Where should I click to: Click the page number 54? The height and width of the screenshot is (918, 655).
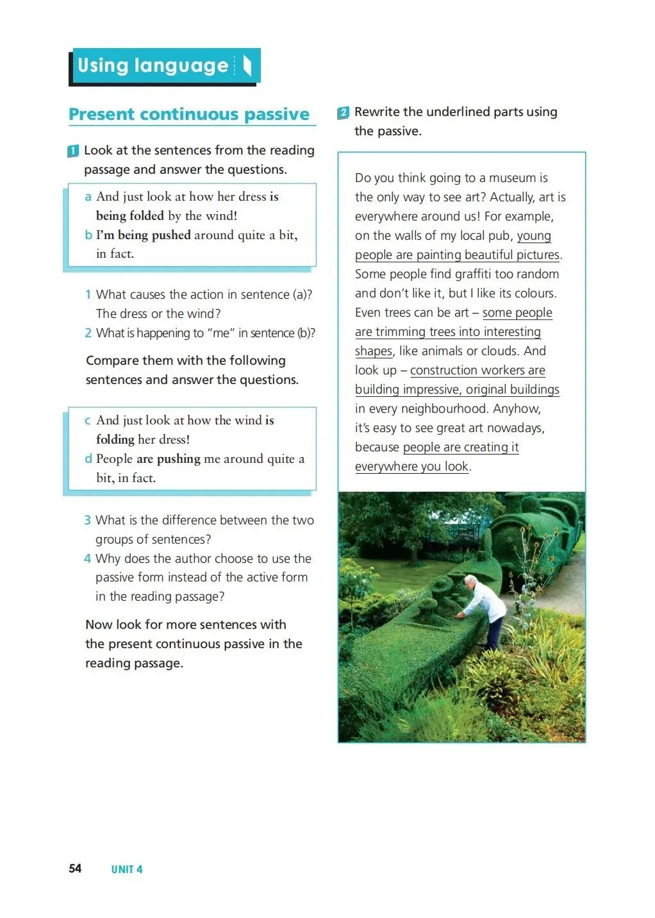[x=75, y=868]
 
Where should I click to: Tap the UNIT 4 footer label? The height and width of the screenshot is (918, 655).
[x=127, y=869]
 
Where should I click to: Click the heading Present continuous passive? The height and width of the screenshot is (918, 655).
[x=189, y=114]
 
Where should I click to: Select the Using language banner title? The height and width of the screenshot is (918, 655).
[x=153, y=65]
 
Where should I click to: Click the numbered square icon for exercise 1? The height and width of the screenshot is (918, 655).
[x=73, y=151]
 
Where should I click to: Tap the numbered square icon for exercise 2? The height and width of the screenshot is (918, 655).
[x=344, y=113]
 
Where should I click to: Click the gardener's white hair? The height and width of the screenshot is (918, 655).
[x=470, y=580]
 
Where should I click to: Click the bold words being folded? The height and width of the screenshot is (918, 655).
[x=130, y=215]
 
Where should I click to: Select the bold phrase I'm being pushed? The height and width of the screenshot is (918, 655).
[x=144, y=235]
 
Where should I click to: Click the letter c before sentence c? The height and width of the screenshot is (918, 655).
[x=88, y=421]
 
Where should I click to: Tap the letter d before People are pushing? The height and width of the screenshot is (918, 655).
[x=88, y=458]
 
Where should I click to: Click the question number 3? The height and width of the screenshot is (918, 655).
[x=88, y=520]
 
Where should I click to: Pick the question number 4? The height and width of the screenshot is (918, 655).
[x=88, y=558]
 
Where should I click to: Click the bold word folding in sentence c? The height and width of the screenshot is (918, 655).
[x=115, y=440]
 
